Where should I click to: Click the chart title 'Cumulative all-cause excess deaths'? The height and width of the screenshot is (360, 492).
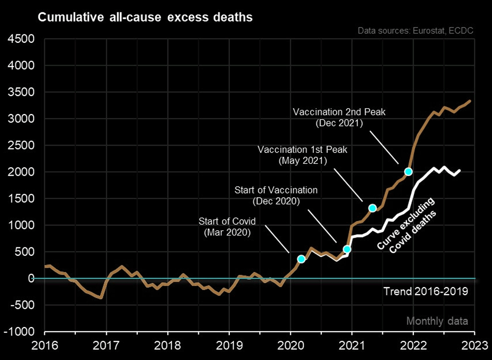coord(145,18)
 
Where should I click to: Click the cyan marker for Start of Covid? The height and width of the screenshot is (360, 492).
coord(301,259)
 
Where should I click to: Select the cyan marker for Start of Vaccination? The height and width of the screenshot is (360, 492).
coord(347,249)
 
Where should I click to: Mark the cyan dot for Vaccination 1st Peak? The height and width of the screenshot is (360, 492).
coord(372,208)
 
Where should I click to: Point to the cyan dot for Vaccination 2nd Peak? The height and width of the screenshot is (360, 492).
coord(408,172)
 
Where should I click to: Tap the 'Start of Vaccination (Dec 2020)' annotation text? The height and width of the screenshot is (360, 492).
coord(276,195)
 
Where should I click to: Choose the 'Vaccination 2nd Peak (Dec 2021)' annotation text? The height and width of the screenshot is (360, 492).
coord(339,118)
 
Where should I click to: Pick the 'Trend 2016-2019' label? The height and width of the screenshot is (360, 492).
coord(425,292)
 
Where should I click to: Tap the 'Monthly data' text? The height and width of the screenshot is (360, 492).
coord(436,321)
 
